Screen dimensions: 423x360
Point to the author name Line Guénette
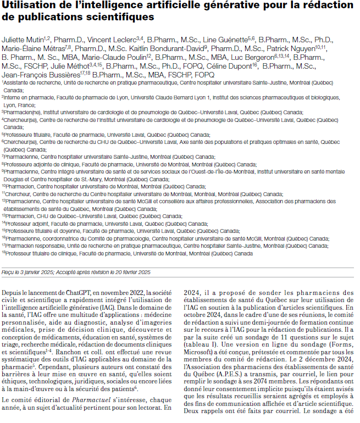coord(225,40)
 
